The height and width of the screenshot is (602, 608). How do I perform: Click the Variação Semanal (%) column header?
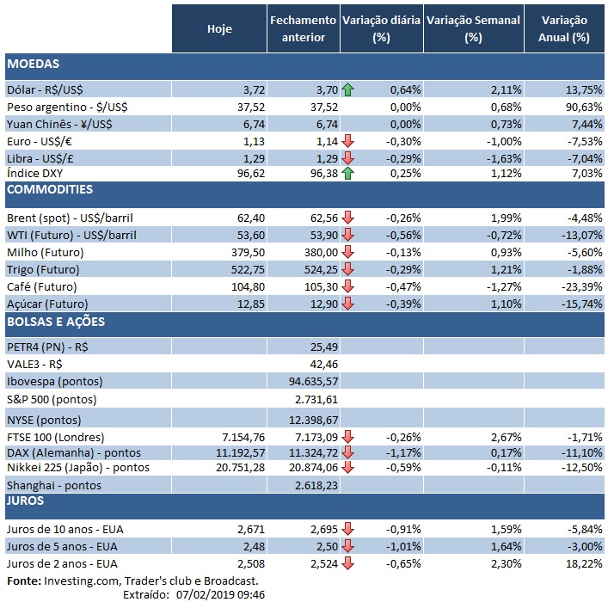(473, 28)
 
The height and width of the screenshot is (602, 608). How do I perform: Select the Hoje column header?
(219, 28)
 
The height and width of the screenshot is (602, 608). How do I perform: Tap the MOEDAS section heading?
(32, 64)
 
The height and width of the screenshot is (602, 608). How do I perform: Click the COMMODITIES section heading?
(49, 189)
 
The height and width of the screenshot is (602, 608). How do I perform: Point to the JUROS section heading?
(27, 500)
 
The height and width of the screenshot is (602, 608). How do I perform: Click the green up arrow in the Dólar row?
(347, 89)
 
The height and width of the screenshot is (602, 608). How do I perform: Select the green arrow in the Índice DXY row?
(347, 174)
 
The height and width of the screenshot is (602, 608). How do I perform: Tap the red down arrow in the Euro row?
(347, 140)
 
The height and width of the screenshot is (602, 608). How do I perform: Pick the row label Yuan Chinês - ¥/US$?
(64, 124)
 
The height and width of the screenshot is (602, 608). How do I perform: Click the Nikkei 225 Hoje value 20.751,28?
(236, 468)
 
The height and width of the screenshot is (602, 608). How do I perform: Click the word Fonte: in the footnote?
(22, 581)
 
